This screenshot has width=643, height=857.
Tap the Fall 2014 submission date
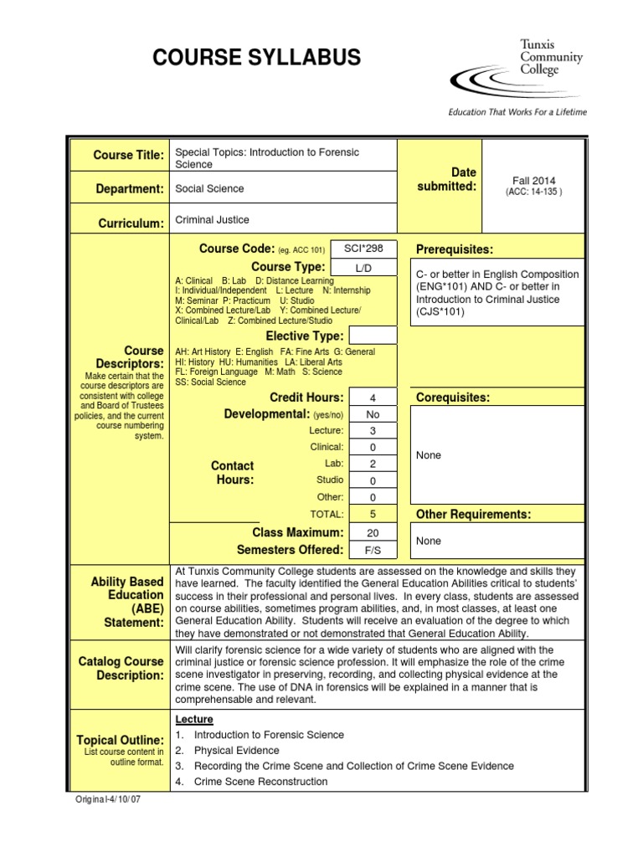533,180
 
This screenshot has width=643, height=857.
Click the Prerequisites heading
455,250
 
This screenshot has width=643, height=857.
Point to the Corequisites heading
453,397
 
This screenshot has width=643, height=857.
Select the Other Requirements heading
473,514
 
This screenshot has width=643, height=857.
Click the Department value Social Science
209,189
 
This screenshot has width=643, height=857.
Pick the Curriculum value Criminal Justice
212,220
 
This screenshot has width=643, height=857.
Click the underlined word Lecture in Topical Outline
194,720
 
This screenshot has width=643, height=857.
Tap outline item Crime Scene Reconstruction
260,782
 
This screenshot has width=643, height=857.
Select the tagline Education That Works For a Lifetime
517,112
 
